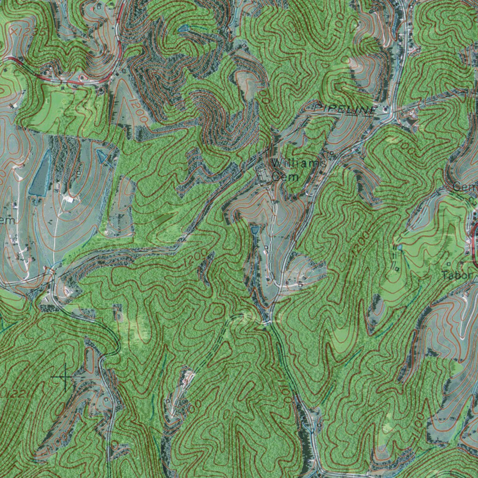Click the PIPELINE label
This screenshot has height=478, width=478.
pos(345,109)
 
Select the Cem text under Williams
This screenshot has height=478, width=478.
pos(285,177)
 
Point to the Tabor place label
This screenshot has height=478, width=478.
pos(457,275)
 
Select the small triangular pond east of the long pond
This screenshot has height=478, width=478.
pos(102,156)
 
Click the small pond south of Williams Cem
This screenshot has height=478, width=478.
pos(254,230)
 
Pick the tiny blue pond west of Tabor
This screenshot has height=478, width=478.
pos(400,246)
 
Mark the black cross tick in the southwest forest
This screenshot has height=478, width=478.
pos(65,375)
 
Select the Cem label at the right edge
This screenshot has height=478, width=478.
pos(465,187)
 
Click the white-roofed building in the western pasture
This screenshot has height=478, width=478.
pos(69,199)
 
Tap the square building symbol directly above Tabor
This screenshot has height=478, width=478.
pos(449,264)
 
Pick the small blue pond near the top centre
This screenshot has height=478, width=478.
pos(183,28)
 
